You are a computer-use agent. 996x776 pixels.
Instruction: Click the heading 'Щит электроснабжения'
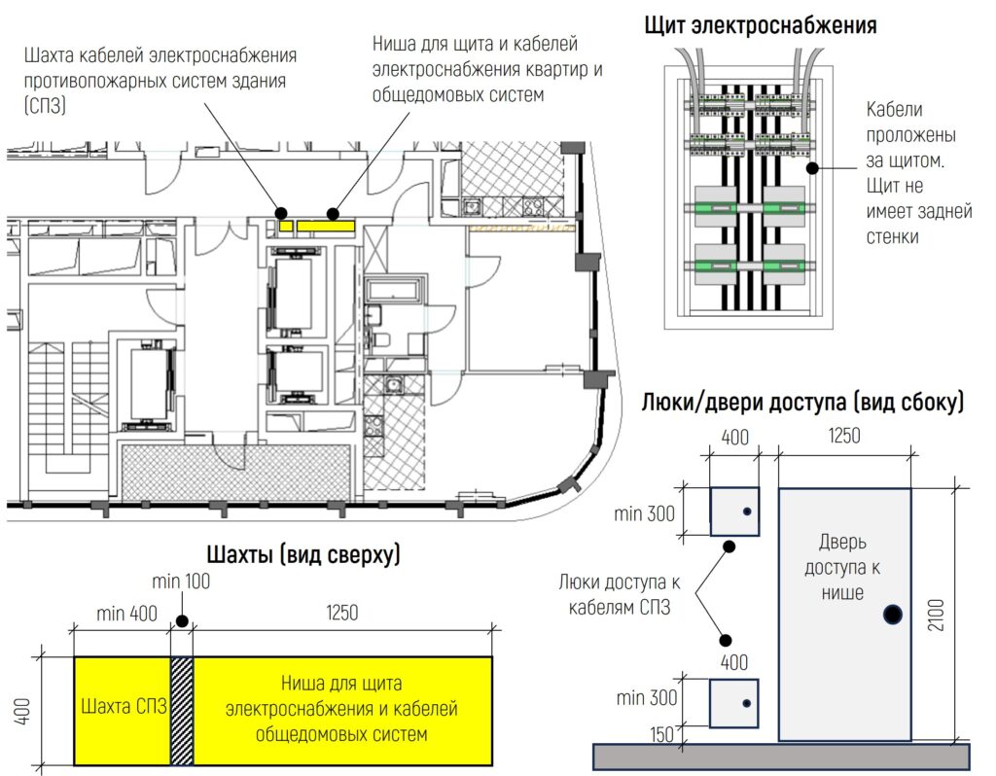(x=761, y=25)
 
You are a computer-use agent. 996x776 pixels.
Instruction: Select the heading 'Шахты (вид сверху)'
(x=303, y=554)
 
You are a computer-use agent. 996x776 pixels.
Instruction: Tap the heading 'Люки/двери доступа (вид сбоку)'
(x=802, y=402)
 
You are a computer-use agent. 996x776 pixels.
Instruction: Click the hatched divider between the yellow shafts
(x=182, y=711)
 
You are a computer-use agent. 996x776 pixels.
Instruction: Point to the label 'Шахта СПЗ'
(x=124, y=706)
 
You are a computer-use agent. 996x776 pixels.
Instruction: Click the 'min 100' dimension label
(x=181, y=582)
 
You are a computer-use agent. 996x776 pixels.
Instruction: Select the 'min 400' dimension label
(x=126, y=614)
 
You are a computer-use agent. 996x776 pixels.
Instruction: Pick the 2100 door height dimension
(x=937, y=614)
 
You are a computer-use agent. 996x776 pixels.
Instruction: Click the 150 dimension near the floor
(x=661, y=734)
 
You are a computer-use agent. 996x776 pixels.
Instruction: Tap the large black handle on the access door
(x=893, y=614)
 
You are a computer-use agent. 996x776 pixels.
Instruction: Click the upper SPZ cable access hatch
(x=734, y=511)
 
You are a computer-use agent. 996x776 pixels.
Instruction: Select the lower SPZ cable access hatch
(x=733, y=703)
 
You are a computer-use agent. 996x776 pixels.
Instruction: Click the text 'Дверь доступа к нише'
(x=842, y=567)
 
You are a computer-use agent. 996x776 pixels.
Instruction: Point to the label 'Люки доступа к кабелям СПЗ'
(x=620, y=594)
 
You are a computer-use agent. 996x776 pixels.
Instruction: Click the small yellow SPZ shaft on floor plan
(x=286, y=226)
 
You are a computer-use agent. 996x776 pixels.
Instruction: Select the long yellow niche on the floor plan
(x=326, y=226)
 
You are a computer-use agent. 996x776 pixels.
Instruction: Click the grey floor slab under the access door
(x=781, y=757)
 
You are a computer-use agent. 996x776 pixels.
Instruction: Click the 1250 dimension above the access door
(x=844, y=436)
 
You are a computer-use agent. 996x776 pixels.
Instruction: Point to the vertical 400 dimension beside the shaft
(x=22, y=711)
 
